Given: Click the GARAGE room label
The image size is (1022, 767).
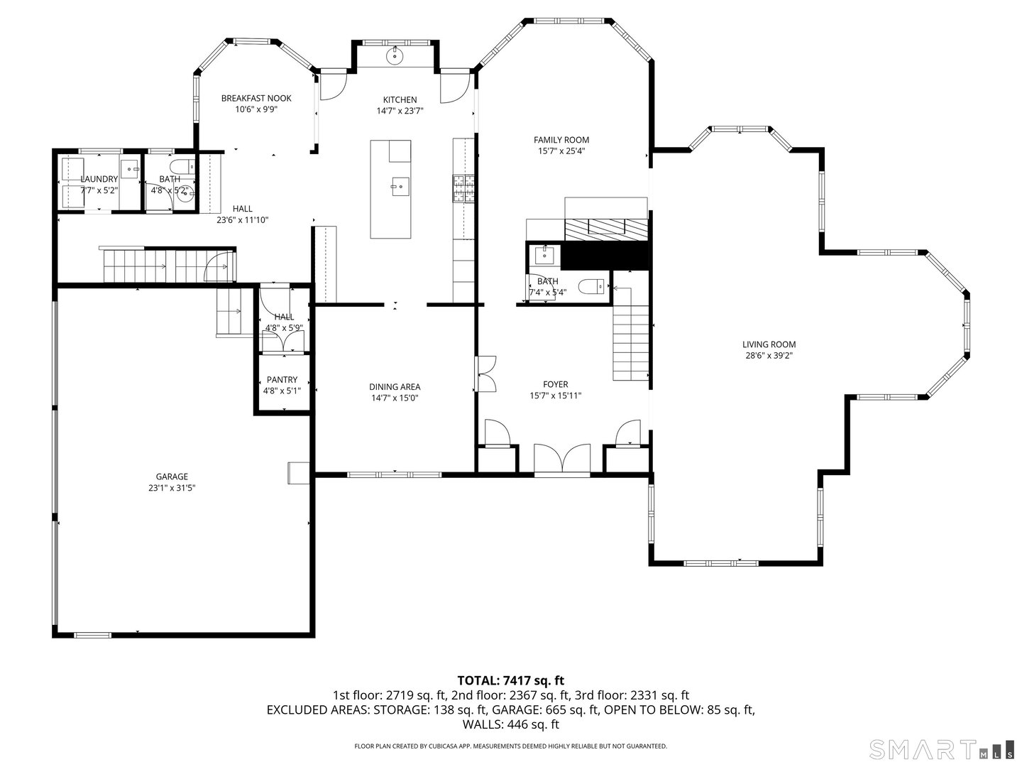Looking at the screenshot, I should (x=172, y=477).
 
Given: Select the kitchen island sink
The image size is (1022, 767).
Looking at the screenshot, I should (x=400, y=187).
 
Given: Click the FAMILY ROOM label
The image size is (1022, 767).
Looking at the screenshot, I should (x=561, y=140).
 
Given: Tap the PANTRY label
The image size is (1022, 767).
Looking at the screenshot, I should (x=282, y=380).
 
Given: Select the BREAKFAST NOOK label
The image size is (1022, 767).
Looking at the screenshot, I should (x=255, y=99).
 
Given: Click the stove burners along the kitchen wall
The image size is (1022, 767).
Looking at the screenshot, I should (x=463, y=190).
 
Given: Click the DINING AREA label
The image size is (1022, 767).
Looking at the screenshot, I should (x=395, y=387).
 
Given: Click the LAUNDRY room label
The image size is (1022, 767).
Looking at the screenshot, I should (x=99, y=180).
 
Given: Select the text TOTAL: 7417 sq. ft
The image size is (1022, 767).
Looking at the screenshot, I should (x=510, y=680).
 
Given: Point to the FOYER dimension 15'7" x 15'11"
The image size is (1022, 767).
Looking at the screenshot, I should (x=556, y=396).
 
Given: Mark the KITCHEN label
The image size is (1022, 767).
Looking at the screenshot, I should (x=400, y=100).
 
